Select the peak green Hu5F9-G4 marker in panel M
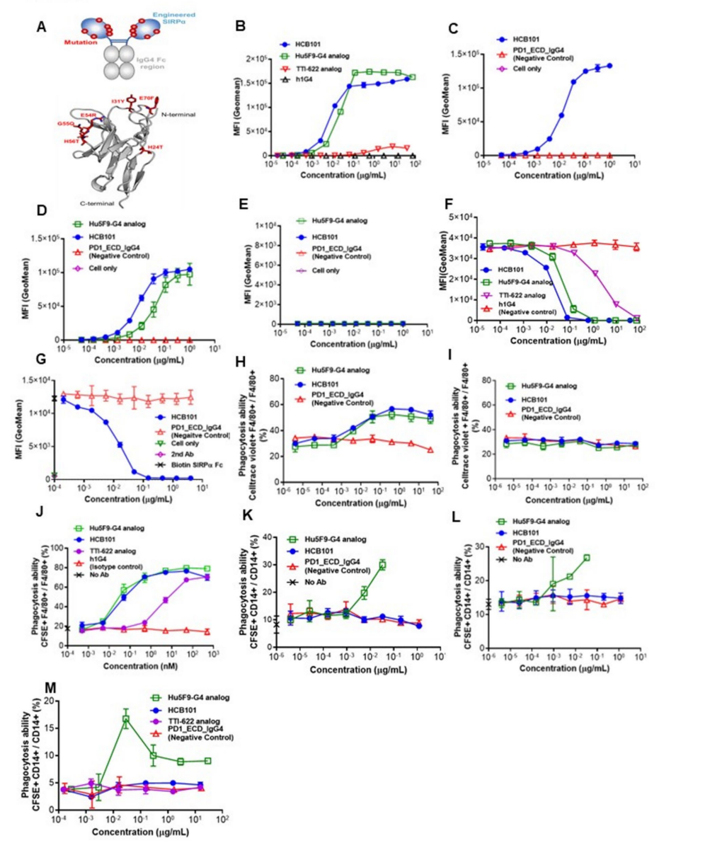point(126,719)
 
